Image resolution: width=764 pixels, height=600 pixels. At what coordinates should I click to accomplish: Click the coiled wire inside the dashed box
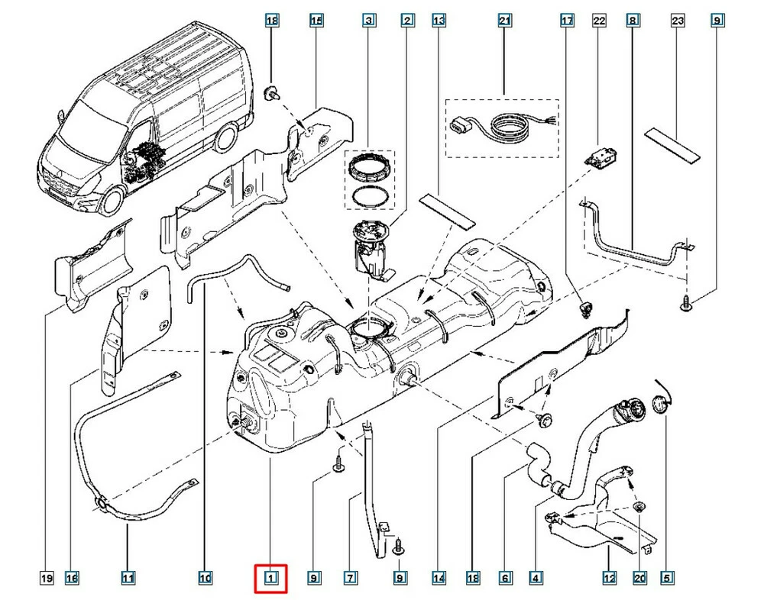point(508,123)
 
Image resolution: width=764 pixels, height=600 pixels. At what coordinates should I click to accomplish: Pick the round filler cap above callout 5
point(659,406)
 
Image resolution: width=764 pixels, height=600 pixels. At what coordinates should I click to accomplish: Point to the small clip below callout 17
point(586,308)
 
